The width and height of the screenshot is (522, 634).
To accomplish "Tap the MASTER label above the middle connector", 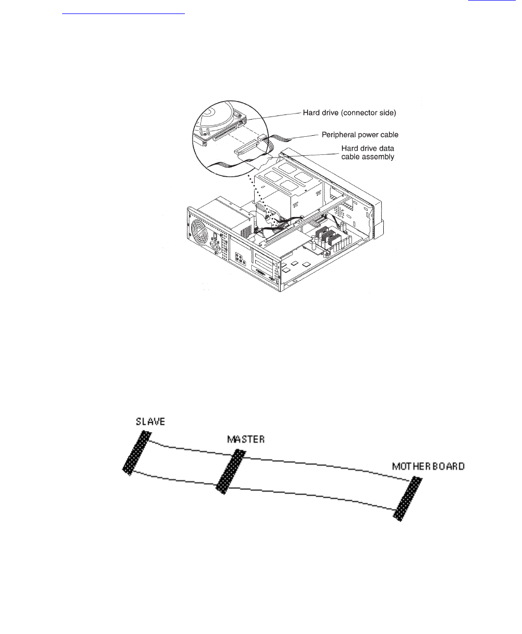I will point(246,439).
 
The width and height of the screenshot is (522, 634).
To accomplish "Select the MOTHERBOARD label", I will point(428,466).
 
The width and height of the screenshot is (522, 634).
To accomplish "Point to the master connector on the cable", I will point(230,472).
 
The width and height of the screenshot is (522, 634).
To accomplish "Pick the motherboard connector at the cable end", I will point(407,499).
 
